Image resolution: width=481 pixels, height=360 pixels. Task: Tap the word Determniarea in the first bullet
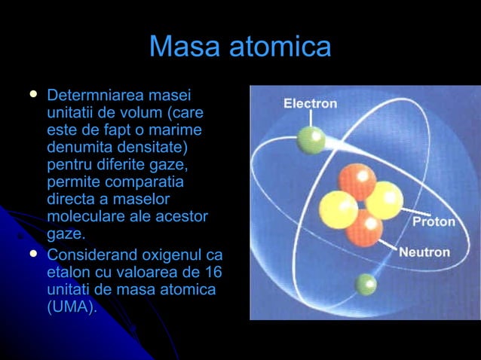96,96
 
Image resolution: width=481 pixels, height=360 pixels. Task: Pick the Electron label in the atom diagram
310,104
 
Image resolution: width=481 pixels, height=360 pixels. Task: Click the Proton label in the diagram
433,222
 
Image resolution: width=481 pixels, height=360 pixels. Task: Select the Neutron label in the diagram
424,252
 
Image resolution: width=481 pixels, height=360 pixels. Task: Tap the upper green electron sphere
311,139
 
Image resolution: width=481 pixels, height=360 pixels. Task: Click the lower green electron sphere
366,284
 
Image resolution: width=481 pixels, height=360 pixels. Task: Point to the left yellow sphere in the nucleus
338,209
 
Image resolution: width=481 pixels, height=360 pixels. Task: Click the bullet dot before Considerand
32,254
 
